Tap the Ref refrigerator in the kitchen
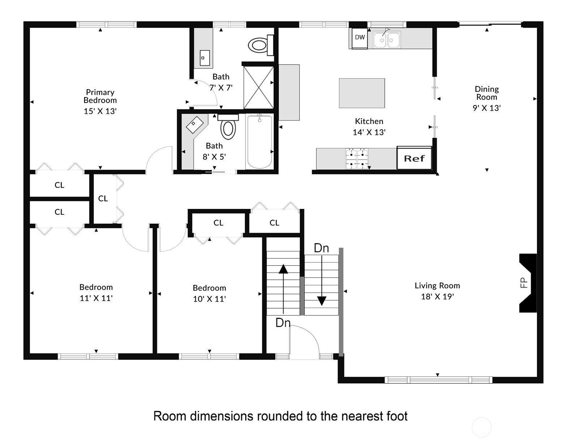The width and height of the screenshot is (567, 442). pos(414,158)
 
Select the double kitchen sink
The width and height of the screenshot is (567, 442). pos(387,40)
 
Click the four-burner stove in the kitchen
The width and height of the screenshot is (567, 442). pos(357,159)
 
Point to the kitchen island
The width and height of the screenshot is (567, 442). pos(362,93)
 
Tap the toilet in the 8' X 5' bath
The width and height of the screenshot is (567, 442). pos(228,126)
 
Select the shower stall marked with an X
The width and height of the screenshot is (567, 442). pos(259,87)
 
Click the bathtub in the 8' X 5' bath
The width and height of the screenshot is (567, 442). pos(260,142)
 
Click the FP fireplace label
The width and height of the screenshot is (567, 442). pos(523,283)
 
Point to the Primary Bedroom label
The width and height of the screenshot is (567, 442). pos(100,96)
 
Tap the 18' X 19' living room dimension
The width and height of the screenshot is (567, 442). pos(437,296)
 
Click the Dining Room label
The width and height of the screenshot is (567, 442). pos(487,93)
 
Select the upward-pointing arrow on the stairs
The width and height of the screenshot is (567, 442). pos(283,289)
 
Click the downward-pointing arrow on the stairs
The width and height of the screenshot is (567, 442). pos(322,280)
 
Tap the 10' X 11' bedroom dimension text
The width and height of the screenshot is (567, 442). pos(209,299)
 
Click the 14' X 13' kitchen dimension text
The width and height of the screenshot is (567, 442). pos(369,132)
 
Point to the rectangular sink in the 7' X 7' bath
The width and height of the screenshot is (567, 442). pos(205,58)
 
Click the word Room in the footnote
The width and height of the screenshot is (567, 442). pos(170,416)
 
